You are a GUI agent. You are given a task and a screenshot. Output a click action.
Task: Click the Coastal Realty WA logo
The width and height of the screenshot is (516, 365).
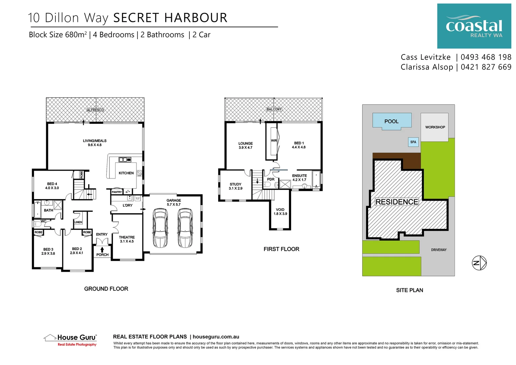coord(474,26)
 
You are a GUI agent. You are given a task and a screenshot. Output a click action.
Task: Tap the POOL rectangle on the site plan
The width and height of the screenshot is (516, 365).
coord(391,121)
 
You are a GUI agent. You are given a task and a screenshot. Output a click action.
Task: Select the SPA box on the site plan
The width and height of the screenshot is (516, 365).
coord(413,142)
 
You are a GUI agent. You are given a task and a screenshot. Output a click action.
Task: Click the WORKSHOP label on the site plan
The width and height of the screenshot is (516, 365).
coord(435,127)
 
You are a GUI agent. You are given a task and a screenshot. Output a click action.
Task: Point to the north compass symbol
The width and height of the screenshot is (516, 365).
coord(479,263)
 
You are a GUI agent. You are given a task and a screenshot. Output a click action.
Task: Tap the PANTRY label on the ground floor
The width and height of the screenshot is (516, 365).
coord(117,192)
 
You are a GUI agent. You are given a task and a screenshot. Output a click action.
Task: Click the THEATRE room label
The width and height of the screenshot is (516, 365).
coord(127,237)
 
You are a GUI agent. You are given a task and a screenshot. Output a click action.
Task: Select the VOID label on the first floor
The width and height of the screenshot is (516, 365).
coord(280,210)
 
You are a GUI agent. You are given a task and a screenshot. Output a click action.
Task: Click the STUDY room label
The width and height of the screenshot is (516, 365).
coord(235,184)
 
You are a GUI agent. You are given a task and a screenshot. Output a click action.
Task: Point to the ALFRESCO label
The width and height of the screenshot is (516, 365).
coord(95,110)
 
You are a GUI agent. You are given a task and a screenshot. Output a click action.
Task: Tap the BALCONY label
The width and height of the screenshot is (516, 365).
coord(274,109)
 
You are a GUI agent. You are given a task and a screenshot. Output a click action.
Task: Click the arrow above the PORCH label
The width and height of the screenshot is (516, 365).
coord(102,250)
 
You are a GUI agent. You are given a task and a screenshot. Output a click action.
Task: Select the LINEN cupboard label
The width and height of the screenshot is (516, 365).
coord(78,222)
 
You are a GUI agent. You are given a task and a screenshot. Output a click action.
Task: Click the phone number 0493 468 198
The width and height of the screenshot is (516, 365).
coord(486,57)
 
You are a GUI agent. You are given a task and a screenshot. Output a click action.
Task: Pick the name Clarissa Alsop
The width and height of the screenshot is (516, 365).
coord(427,67)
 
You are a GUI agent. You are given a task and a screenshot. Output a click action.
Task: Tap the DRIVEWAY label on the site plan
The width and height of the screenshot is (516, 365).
coord(439,250)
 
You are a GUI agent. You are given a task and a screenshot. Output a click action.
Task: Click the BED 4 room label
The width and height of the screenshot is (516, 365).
coord(52,184)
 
